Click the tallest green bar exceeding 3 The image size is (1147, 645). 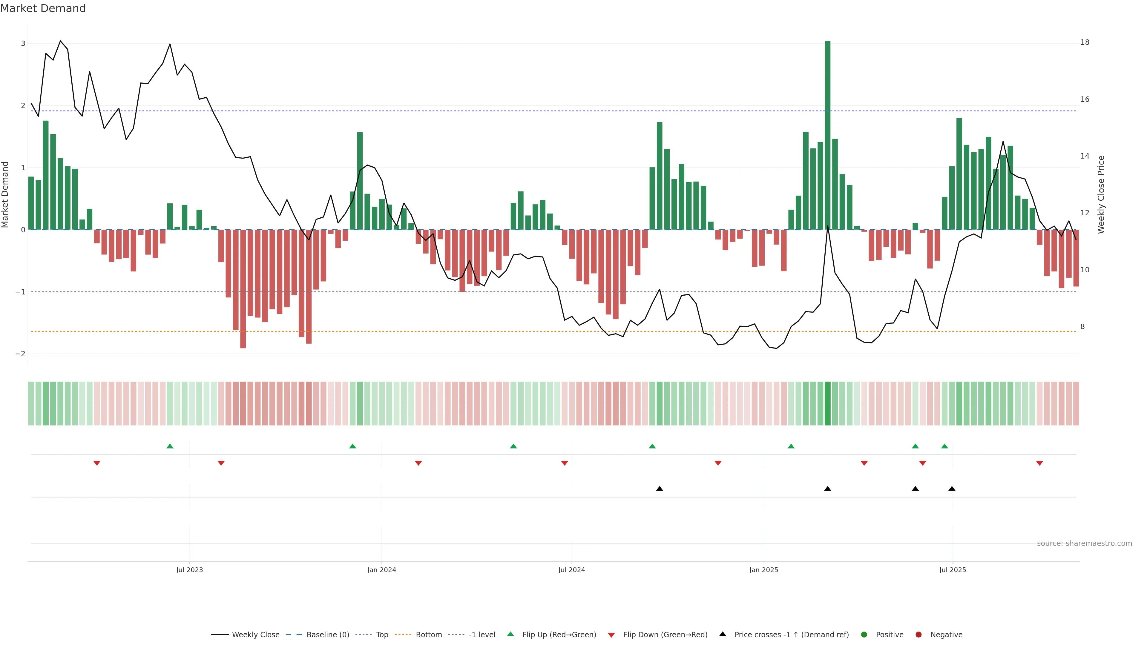point(827,133)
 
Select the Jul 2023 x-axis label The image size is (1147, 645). point(189,570)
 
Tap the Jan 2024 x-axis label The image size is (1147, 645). point(382,570)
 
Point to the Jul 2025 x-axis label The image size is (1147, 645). point(953,570)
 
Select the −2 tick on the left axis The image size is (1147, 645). point(21,354)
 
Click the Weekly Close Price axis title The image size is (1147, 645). point(1101,194)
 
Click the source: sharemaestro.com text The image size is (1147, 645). point(1084,543)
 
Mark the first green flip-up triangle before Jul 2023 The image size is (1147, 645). point(170,446)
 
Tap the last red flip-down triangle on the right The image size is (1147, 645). point(1040,463)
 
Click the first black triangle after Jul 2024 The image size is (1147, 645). point(660,489)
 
